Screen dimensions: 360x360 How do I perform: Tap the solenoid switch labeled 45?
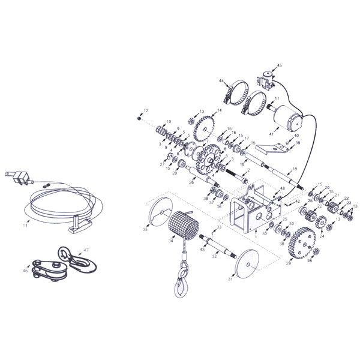[x=265, y=79]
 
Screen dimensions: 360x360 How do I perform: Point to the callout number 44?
[x=222, y=81]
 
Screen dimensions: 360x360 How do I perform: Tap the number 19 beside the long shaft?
[x=295, y=169]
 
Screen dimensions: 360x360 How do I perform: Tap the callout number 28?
[x=310, y=261]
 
